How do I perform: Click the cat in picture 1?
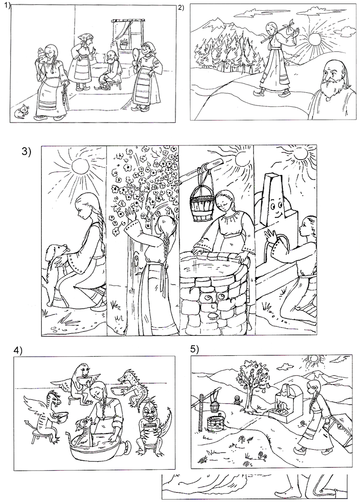click(x=22, y=111)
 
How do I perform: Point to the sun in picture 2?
click(x=314, y=40)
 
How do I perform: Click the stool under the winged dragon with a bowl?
click(x=40, y=436)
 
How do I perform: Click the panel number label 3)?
click(x=26, y=152)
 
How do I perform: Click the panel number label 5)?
click(x=195, y=349)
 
